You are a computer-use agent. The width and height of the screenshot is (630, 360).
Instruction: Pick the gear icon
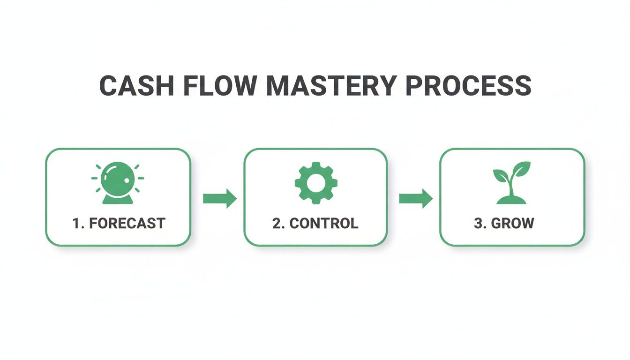tap(315, 182)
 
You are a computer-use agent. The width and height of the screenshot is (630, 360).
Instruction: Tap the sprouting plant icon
tap(512, 182)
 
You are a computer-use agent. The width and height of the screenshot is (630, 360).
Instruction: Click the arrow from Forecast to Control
tap(219, 198)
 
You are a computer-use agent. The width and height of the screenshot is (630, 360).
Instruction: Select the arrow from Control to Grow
tap(415, 198)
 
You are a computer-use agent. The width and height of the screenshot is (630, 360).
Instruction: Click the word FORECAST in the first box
tap(127, 224)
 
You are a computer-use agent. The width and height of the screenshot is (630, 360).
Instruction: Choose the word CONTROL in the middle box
tap(324, 224)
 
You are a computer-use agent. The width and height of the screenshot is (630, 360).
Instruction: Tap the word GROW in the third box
tap(512, 224)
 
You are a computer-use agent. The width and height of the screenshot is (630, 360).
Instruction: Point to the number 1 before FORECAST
tap(76, 224)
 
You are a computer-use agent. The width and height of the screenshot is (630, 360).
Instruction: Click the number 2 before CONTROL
tap(277, 224)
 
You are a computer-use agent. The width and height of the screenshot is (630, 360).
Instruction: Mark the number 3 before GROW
tap(478, 224)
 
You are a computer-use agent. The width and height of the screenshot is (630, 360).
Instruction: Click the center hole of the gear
tap(315, 182)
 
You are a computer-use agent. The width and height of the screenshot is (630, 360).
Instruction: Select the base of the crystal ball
tap(118, 200)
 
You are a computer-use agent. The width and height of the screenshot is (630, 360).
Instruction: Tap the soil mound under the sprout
tap(511, 200)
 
